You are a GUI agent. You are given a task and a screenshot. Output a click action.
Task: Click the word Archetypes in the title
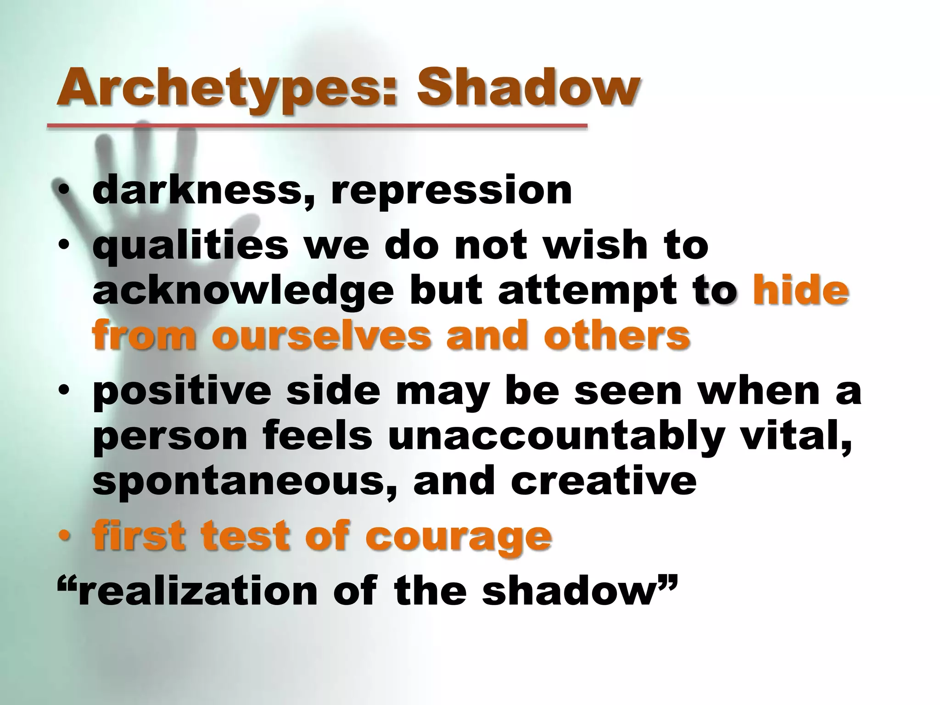(x=225, y=88)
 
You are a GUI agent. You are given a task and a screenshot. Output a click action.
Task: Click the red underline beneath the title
(x=317, y=125)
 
